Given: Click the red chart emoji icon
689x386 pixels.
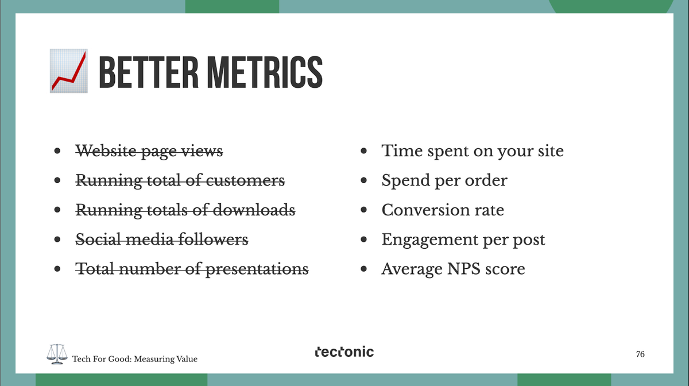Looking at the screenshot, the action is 68,71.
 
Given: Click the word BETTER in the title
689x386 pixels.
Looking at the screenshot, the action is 149,72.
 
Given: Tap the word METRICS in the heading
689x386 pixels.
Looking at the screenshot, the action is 265,72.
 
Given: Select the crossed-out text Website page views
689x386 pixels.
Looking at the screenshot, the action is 149,152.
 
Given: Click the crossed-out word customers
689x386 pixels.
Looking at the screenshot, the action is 245,180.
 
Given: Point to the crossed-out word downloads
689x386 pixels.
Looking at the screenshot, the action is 254,210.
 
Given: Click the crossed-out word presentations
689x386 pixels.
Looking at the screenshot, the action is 257,269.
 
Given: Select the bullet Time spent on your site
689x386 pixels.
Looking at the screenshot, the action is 473,152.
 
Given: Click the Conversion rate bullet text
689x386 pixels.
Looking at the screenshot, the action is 443,210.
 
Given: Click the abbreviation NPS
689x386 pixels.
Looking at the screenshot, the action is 463,269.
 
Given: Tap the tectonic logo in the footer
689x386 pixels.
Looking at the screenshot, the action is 344,352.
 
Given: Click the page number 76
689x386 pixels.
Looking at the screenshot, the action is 640,354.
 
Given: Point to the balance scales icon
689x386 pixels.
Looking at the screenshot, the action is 57,354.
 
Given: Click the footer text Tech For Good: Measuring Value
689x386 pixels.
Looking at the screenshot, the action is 135,359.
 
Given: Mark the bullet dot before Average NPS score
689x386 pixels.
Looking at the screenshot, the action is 363,269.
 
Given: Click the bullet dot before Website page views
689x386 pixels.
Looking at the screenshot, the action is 57,151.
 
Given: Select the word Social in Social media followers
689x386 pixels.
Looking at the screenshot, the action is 98,239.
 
